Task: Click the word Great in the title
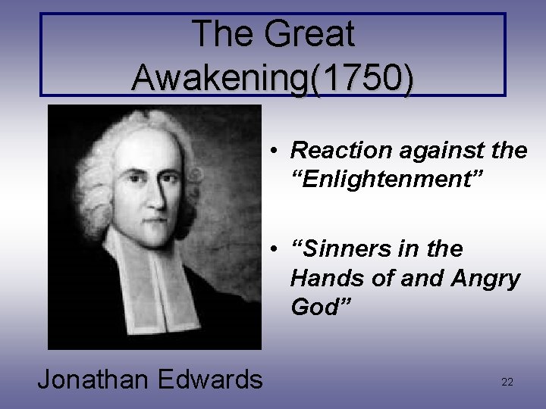(x=309, y=34)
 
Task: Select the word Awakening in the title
(x=220, y=77)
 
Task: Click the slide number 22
(x=507, y=382)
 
